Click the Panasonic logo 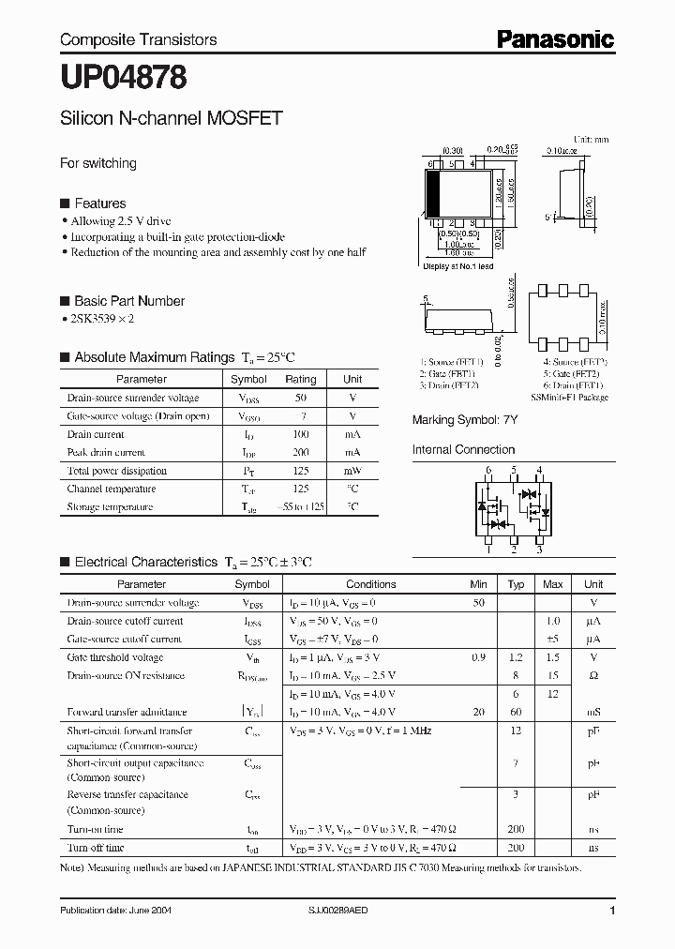[x=555, y=38]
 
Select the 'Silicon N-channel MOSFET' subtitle [x=171, y=119]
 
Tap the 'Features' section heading [x=99, y=203]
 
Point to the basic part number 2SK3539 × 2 [x=103, y=319]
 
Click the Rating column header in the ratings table [x=300, y=380]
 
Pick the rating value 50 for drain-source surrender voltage [x=300, y=398]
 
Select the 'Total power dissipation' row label [x=117, y=471]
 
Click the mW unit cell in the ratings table [x=352, y=471]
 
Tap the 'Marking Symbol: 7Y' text [x=464, y=420]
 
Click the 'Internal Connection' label [x=464, y=450]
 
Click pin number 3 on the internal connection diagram [x=539, y=550]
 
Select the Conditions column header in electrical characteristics [x=371, y=584]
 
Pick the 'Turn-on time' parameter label [x=96, y=829]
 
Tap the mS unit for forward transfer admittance [x=593, y=713]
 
